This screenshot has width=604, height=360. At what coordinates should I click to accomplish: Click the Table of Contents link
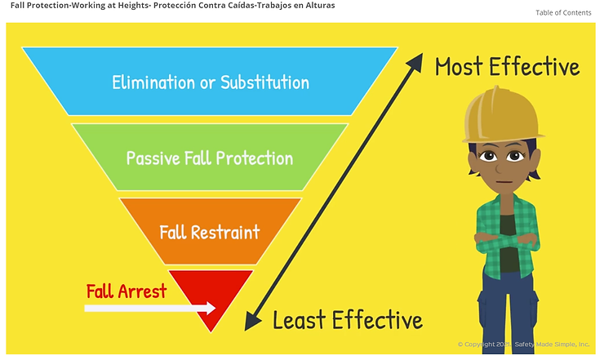pyautogui.click(x=563, y=13)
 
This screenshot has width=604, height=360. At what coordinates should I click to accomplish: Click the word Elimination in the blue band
pyautogui.click(x=153, y=82)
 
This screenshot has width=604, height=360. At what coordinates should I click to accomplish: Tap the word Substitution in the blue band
pyautogui.click(x=264, y=82)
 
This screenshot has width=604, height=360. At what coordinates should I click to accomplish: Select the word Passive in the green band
pyautogui.click(x=153, y=158)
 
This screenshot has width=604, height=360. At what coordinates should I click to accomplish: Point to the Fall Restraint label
pyautogui.click(x=210, y=233)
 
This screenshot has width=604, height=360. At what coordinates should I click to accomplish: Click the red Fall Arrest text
pyautogui.click(x=127, y=291)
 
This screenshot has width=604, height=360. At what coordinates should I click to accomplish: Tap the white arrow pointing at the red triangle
pyautogui.click(x=150, y=308)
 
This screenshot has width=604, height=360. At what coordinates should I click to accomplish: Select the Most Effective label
pyautogui.click(x=508, y=66)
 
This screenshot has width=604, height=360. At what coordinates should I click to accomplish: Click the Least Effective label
pyautogui.click(x=348, y=320)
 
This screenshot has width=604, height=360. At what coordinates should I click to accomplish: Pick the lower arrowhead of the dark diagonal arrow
pyautogui.click(x=252, y=321)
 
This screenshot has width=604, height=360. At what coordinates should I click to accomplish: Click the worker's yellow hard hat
pyautogui.click(x=500, y=116)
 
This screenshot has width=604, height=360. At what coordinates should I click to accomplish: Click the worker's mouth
pyautogui.click(x=501, y=182)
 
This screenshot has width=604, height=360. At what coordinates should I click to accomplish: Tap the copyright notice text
pyautogui.click(x=523, y=344)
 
